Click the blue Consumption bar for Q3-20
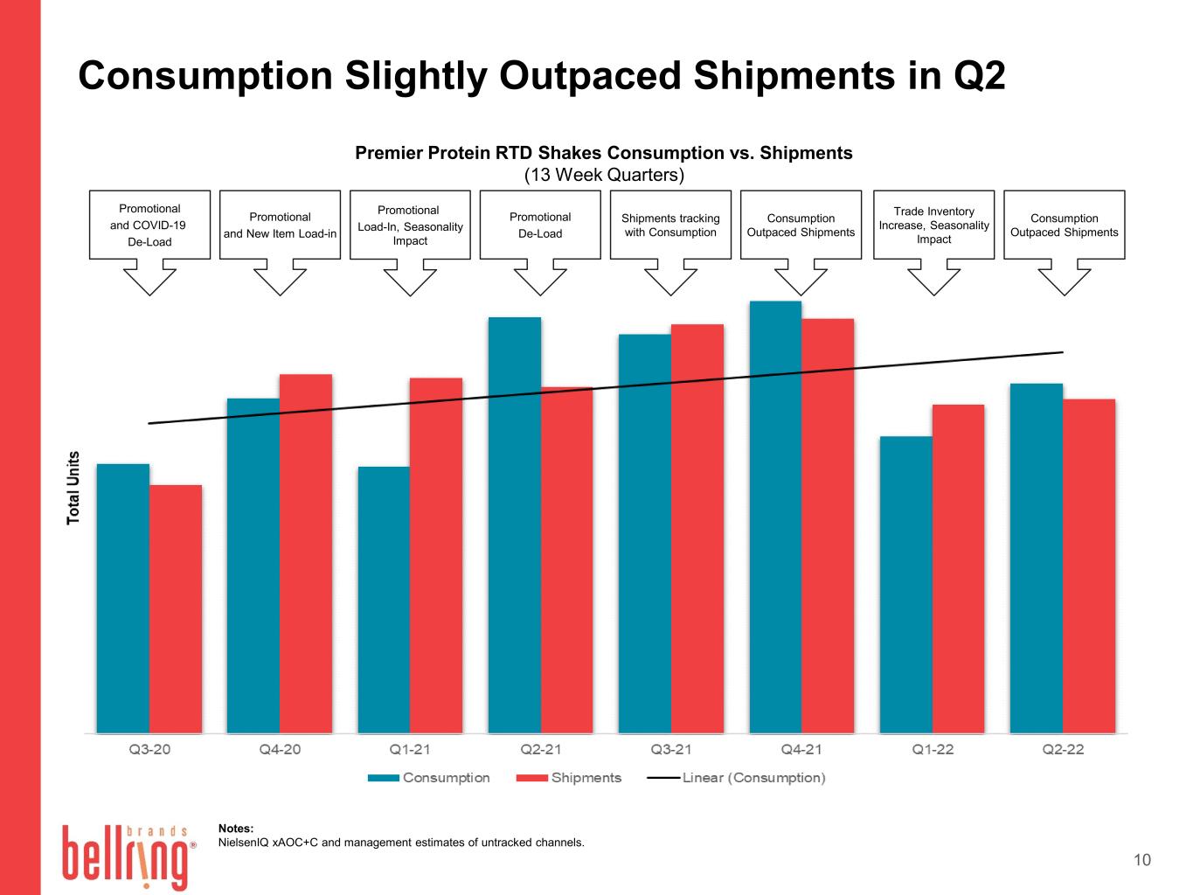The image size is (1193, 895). (123, 599)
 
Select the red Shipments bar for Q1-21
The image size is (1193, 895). (436, 555)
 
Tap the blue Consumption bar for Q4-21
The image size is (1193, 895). (775, 517)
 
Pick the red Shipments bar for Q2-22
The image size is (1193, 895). (1089, 566)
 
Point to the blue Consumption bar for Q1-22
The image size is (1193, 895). (905, 585)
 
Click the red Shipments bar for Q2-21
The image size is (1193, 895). (566, 560)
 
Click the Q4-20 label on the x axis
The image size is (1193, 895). (280, 749)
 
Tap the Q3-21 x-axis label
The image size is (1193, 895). (671, 749)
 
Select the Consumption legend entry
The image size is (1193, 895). (429, 778)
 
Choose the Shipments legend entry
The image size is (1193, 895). (569, 778)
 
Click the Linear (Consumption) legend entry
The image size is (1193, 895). (737, 778)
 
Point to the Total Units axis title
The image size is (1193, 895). (73, 488)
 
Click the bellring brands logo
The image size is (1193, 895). (128, 857)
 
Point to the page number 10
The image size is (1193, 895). (1142, 860)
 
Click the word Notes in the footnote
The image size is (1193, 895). (236, 829)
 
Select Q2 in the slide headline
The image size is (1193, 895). (979, 75)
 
